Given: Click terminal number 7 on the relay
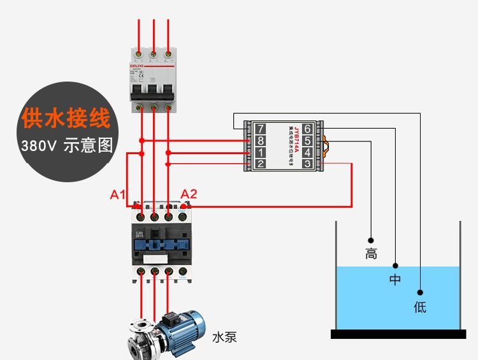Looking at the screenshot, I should click(260, 129).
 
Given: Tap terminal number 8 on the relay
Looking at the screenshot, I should click(260, 141).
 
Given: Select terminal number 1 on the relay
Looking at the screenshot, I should click(260, 153).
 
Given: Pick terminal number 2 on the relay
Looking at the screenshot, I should click(260, 164).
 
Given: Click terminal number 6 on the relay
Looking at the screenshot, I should click(307, 129).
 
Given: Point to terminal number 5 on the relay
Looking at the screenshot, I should click(307, 141).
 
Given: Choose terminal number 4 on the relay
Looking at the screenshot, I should click(307, 153).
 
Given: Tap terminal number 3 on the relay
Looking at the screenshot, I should click(307, 164).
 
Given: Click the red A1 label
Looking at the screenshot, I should click(118, 194).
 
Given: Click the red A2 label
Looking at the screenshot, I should click(189, 194).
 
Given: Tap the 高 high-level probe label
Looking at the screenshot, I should click(371, 254).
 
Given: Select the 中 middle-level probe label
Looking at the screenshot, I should click(395, 279).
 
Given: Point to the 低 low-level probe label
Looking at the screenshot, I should click(419, 307).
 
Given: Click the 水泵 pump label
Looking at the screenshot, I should click(224, 337).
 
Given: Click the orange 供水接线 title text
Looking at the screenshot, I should click(66, 119).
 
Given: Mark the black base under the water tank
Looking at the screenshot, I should click(398, 334).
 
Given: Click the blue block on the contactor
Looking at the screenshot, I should click(161, 244).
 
